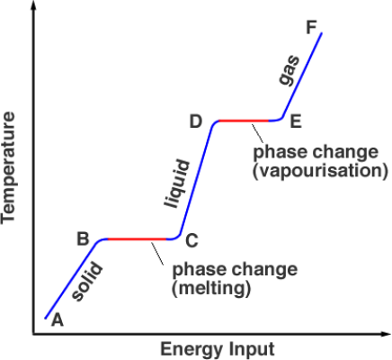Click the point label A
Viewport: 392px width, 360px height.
tap(58, 319)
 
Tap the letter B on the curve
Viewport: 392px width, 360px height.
tap(83, 239)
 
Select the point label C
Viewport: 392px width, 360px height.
tap(192, 240)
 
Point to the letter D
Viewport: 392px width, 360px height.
tap(196, 121)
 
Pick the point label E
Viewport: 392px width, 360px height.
tap(296, 121)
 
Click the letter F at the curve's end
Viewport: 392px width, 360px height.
tap(311, 28)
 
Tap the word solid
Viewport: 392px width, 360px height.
tap(87, 282)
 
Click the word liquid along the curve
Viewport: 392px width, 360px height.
tap(177, 184)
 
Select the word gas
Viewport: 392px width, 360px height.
tap(289, 70)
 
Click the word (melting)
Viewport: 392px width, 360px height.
tap(211, 289)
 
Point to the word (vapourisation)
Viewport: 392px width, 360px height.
tap(320, 171)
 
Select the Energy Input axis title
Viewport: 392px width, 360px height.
tap(218, 349)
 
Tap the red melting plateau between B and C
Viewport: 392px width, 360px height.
tap(137, 239)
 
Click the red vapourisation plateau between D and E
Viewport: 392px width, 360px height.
tap(244, 121)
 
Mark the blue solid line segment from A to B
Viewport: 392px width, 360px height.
tap(70, 280)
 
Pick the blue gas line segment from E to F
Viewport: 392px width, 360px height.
tap(301, 75)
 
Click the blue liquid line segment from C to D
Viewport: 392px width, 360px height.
tap(196, 179)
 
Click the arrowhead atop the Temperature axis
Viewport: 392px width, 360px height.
tap(33, 5)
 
